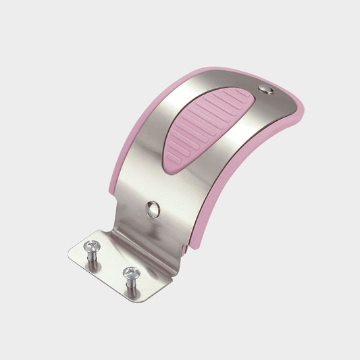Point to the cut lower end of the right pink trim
196,243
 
